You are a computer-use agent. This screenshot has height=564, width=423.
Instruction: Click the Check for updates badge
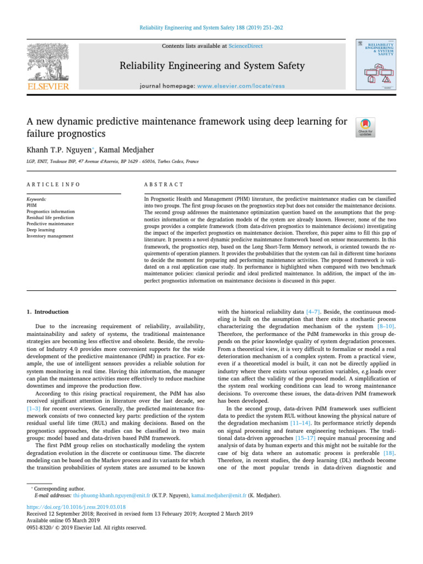click(364, 127)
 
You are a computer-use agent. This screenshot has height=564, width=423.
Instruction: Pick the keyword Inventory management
click(50, 236)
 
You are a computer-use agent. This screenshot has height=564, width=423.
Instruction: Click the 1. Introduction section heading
click(48, 312)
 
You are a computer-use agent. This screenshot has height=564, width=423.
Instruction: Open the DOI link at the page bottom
click(75, 507)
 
